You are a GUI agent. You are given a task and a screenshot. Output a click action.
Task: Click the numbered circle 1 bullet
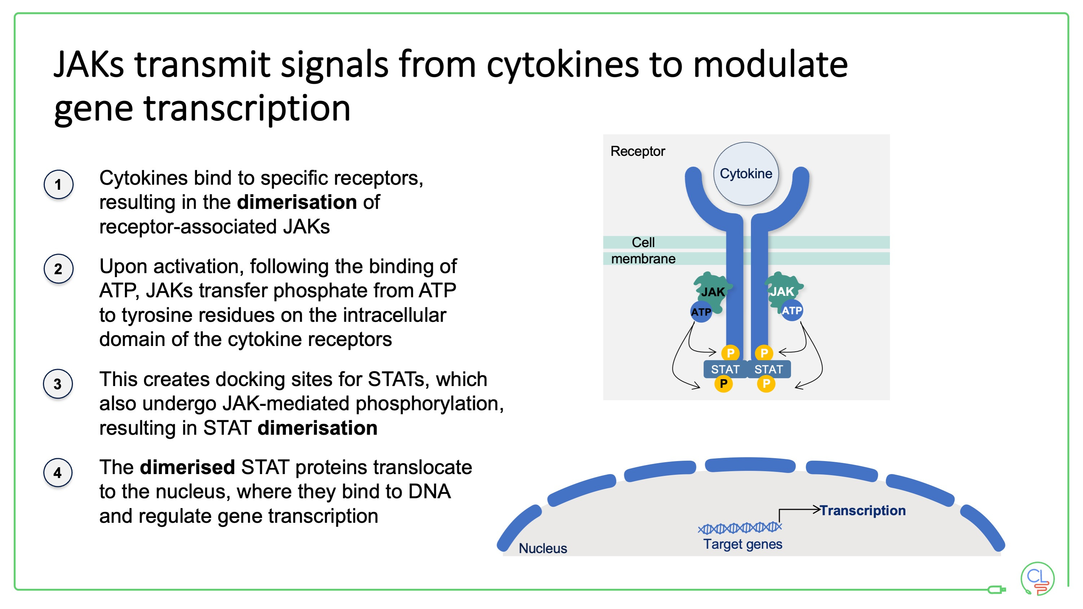(x=58, y=184)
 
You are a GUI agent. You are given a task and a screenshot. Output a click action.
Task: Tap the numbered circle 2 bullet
(x=58, y=269)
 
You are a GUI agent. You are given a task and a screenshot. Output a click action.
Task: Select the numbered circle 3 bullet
(x=58, y=384)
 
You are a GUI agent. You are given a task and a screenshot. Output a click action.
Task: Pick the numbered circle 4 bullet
(x=58, y=473)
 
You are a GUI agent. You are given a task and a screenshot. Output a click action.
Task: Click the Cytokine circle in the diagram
(x=746, y=174)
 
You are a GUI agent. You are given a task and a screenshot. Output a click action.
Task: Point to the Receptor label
(x=637, y=151)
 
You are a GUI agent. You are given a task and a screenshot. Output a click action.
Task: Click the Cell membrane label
(x=643, y=250)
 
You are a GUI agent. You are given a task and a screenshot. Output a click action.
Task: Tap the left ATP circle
(x=701, y=312)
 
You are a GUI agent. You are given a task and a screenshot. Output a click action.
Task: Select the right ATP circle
(x=792, y=311)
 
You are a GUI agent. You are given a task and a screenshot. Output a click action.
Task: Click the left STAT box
(x=725, y=369)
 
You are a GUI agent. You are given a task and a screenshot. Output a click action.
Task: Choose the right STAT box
(x=769, y=369)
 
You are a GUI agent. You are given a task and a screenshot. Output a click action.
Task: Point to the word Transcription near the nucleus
(x=863, y=510)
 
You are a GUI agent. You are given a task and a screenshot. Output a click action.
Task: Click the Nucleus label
(x=543, y=548)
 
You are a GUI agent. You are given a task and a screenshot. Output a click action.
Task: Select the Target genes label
(x=743, y=544)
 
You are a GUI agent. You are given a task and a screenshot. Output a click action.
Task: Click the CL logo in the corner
(x=1037, y=579)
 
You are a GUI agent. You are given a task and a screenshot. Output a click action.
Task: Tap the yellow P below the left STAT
(x=724, y=384)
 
